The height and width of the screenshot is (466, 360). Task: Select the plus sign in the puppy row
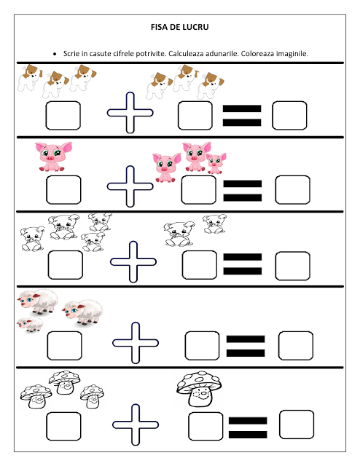130,113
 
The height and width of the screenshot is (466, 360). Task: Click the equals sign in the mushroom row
248,427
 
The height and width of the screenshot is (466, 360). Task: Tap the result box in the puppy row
289,116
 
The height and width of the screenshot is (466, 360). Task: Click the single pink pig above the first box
53,157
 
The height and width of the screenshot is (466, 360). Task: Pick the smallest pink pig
216,163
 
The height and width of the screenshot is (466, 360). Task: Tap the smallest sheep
30,324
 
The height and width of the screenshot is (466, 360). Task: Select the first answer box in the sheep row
64,346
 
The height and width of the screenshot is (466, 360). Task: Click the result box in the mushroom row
297,424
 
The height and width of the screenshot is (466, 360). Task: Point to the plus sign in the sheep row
136,343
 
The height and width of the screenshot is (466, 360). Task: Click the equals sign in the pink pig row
243,191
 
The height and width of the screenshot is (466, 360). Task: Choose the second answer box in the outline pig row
200,265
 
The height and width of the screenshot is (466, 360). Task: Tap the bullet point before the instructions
55,54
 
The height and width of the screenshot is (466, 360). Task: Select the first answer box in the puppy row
63,116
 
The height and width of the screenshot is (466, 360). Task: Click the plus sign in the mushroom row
136,424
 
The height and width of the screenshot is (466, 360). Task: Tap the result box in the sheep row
296,346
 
